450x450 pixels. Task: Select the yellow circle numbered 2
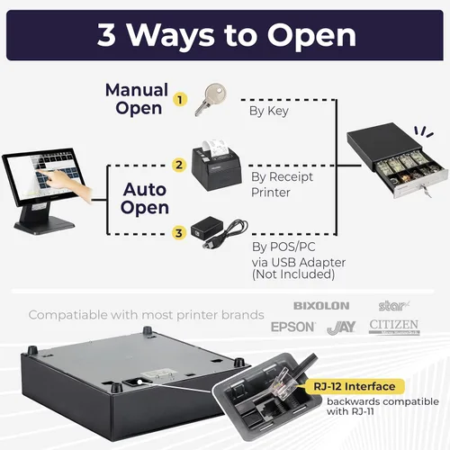[x=180, y=165]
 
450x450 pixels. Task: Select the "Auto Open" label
[x=145, y=198]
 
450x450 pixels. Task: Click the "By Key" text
[x=267, y=112]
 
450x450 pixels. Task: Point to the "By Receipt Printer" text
[x=274, y=184]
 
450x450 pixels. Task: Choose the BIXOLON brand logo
[x=322, y=306]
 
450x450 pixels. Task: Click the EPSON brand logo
[x=292, y=327]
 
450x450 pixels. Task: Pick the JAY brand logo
[x=342, y=327]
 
